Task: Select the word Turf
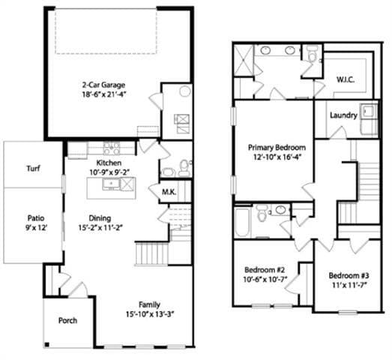(x=33, y=169)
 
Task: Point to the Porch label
(x=68, y=321)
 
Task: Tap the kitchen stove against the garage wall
(x=109, y=147)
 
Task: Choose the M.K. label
(x=169, y=192)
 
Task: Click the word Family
(x=149, y=304)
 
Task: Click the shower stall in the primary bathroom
(x=244, y=59)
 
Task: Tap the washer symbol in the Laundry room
(x=369, y=112)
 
